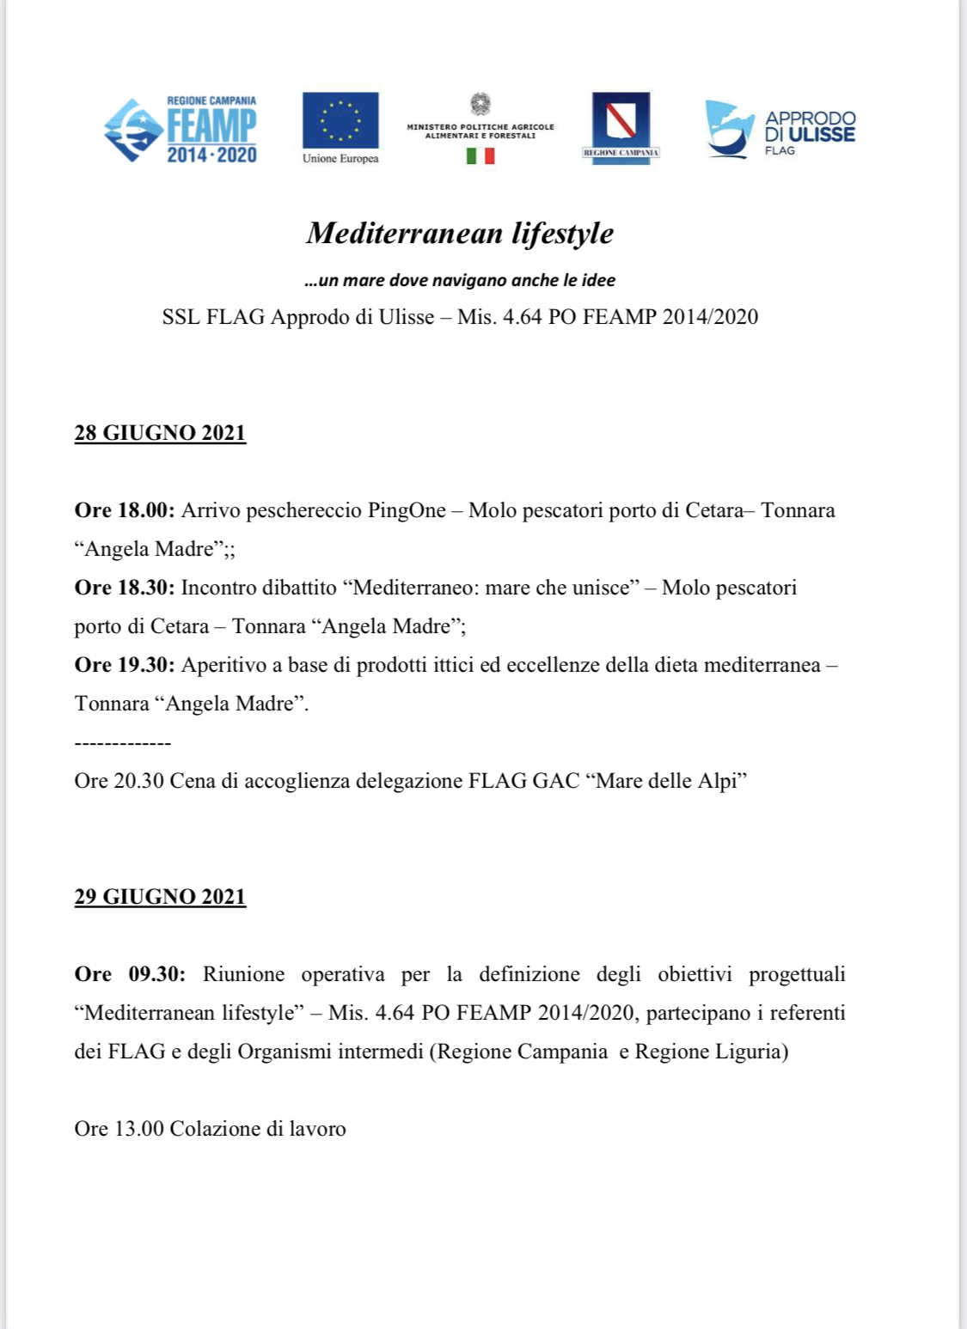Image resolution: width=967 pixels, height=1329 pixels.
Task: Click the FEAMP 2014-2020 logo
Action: coord(181,129)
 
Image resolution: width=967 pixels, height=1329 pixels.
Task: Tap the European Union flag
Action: coord(340,120)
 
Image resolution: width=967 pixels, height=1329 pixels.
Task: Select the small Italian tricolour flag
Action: coord(480,155)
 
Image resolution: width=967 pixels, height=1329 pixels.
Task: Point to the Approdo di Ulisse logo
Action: coord(780,130)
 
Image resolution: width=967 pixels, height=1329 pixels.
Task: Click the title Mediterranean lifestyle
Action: coord(460,233)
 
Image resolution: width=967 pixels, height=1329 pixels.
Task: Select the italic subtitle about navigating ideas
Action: coord(460,280)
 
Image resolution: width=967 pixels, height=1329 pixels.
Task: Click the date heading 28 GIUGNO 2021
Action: coord(160,432)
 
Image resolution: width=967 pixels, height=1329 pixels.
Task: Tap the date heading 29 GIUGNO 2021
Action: coord(160,896)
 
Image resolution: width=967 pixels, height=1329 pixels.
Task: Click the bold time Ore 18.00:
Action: coord(125,510)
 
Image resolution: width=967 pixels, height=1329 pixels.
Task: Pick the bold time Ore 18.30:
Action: coord(125,588)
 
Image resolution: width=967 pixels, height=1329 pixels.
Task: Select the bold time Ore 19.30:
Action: coord(125,665)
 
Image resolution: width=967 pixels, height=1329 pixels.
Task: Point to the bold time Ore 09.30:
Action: coord(130,974)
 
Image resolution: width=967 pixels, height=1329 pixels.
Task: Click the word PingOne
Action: coord(407,510)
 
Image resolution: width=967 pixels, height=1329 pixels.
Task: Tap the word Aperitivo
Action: coord(223,665)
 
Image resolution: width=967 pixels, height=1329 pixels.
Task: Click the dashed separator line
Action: coord(123,742)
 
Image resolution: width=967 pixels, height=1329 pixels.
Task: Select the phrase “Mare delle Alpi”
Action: coord(666,781)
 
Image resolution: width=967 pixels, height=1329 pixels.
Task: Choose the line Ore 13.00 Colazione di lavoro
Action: coord(210,1129)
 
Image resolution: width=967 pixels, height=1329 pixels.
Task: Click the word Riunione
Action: coord(243,974)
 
